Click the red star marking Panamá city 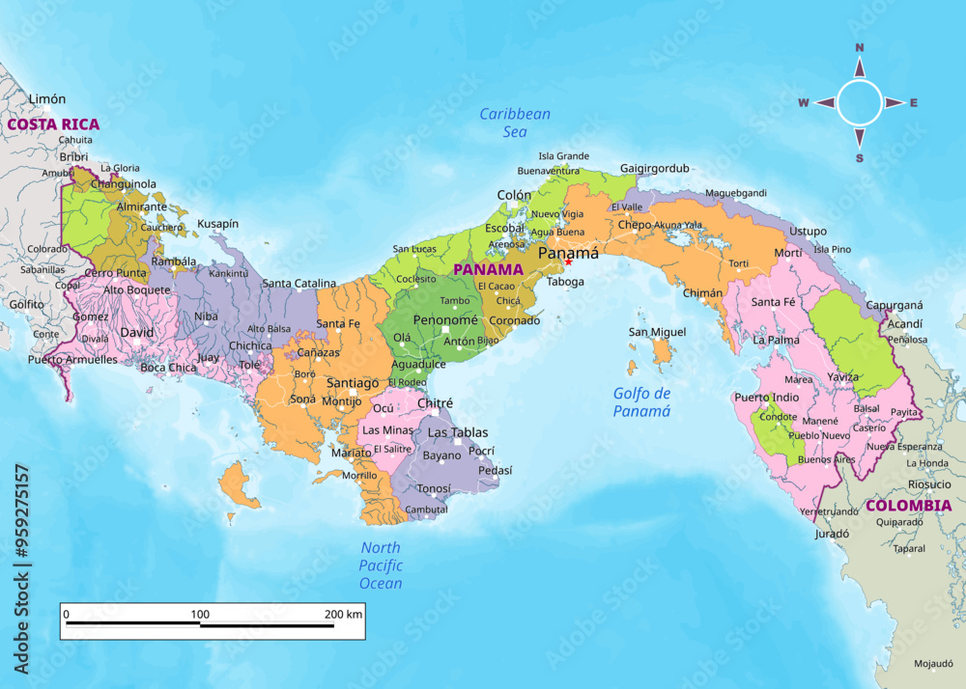coord(568,262)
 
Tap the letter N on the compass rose coord(859,47)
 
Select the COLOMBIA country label coord(908,505)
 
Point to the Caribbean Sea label coord(515,123)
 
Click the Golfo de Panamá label coord(641,401)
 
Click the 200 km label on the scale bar coord(343,614)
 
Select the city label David coord(136,333)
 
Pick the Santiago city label coord(353,383)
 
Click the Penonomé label coord(445,319)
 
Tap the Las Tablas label coord(458,432)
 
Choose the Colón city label coord(514,195)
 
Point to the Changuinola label coord(124,183)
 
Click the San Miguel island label coord(657,332)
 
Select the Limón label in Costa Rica coord(47,98)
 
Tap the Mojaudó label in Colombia coord(935,664)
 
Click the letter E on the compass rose coord(914,103)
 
